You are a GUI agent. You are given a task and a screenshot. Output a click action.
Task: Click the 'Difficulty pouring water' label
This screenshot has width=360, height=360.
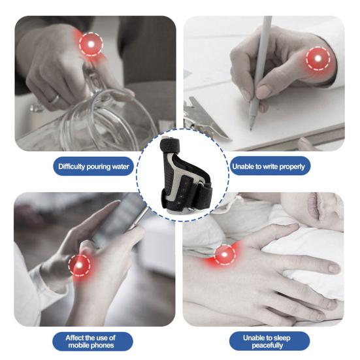93,167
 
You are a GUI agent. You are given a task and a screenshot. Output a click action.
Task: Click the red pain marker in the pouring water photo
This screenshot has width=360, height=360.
91,44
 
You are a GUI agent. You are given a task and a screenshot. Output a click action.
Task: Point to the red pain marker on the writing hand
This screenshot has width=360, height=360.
318,59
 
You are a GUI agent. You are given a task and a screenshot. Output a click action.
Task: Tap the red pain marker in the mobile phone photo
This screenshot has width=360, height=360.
79,266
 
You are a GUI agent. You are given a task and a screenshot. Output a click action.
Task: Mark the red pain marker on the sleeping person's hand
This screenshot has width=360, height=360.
224,255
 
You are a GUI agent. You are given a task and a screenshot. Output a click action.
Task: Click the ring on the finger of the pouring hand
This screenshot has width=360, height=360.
55,99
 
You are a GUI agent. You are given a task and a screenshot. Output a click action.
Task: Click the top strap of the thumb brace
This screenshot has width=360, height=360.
170,144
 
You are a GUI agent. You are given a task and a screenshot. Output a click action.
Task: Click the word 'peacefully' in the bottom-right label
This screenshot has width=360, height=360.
267,346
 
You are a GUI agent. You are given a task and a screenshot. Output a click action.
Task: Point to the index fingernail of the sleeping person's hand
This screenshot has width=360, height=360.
333,268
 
